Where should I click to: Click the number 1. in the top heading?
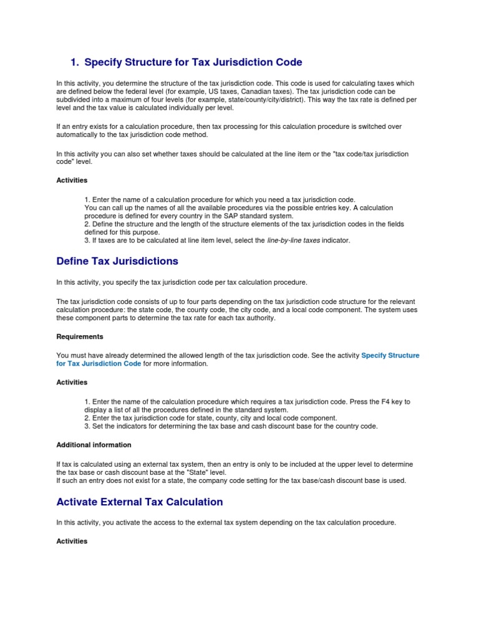coord(75,62)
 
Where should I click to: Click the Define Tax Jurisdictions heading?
coord(117,261)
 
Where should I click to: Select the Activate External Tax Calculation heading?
coord(139,502)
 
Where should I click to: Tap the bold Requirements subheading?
coord(80,336)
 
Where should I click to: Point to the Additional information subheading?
coord(94,445)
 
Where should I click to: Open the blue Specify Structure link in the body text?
coord(390,355)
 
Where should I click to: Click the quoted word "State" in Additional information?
coord(184,472)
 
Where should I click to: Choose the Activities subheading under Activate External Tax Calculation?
coord(72,541)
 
